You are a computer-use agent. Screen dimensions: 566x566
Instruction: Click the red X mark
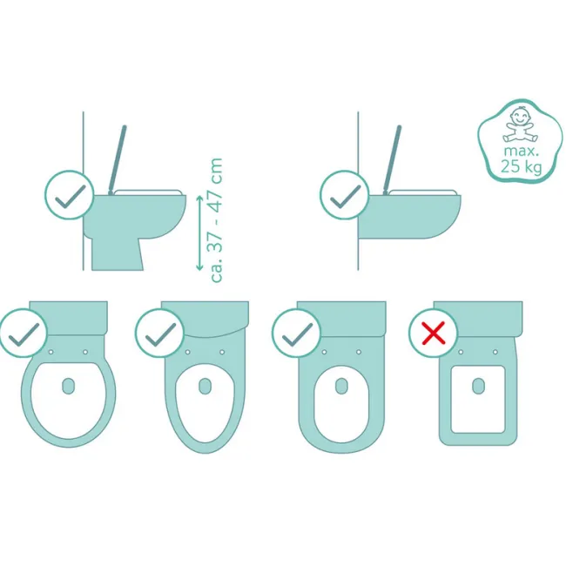[x=433, y=333]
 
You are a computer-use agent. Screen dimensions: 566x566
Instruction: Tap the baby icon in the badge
[x=520, y=125]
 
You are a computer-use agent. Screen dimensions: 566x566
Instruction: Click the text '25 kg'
[x=522, y=167]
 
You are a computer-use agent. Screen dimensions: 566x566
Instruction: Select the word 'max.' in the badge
[x=522, y=151]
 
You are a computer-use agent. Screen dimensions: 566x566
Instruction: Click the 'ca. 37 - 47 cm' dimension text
[x=217, y=219]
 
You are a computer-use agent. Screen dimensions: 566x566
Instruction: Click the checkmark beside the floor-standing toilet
[x=70, y=195]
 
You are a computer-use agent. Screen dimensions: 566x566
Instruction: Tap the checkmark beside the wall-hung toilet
[x=345, y=195]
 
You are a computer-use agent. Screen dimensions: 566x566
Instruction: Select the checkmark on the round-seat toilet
[x=24, y=334]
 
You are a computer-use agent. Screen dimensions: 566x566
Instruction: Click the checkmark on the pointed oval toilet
[x=160, y=334]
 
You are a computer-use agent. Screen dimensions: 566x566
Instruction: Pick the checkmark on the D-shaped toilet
[x=297, y=334]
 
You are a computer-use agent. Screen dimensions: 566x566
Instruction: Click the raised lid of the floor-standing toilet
[x=117, y=159]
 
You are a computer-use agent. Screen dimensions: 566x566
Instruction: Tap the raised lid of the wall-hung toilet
[x=392, y=159]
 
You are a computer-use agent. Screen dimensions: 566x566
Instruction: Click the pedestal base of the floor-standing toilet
[x=118, y=253]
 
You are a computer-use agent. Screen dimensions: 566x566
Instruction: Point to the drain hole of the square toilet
[x=478, y=387]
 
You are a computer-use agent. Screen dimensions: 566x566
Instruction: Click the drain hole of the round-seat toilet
[x=69, y=387]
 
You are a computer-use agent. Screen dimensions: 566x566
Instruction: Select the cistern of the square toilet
[x=478, y=319]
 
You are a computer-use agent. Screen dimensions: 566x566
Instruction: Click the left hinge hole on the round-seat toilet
[x=51, y=352]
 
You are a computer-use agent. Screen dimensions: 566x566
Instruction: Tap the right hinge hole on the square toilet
[x=495, y=352]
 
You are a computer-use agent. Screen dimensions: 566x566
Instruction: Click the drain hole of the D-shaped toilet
[x=341, y=387]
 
